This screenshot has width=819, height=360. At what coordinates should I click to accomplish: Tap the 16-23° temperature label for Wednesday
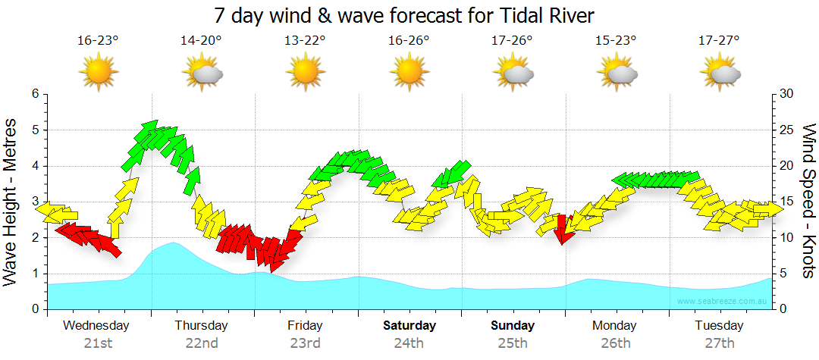[x=98, y=41]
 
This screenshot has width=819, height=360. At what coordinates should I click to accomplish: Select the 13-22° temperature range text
[x=305, y=41]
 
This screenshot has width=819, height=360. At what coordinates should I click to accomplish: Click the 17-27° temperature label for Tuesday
[x=719, y=41]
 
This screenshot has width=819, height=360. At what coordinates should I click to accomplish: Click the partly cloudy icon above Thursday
[x=202, y=73]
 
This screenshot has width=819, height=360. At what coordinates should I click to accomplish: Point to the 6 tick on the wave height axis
[x=34, y=94]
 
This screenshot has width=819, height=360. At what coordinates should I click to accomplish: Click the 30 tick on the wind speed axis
[x=787, y=94]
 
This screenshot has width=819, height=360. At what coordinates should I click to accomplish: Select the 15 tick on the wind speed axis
[x=787, y=202]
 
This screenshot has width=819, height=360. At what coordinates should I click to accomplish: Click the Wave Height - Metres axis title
[x=11, y=205]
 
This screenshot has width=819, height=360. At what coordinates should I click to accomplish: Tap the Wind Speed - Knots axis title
[x=808, y=201]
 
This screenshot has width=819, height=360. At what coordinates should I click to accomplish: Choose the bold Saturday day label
[x=409, y=326]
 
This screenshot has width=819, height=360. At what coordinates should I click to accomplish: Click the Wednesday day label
[x=96, y=326]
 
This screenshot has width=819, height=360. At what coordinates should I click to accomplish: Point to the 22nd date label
[x=202, y=343]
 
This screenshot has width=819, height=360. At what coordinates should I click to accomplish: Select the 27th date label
[x=719, y=343]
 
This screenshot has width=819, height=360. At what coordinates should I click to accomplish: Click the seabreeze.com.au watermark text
[x=723, y=302]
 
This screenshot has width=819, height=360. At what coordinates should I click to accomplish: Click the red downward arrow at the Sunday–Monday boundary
[x=563, y=230]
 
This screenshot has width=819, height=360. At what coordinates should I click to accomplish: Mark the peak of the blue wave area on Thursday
[x=174, y=243]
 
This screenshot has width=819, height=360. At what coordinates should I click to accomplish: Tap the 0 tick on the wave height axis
[x=34, y=309]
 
